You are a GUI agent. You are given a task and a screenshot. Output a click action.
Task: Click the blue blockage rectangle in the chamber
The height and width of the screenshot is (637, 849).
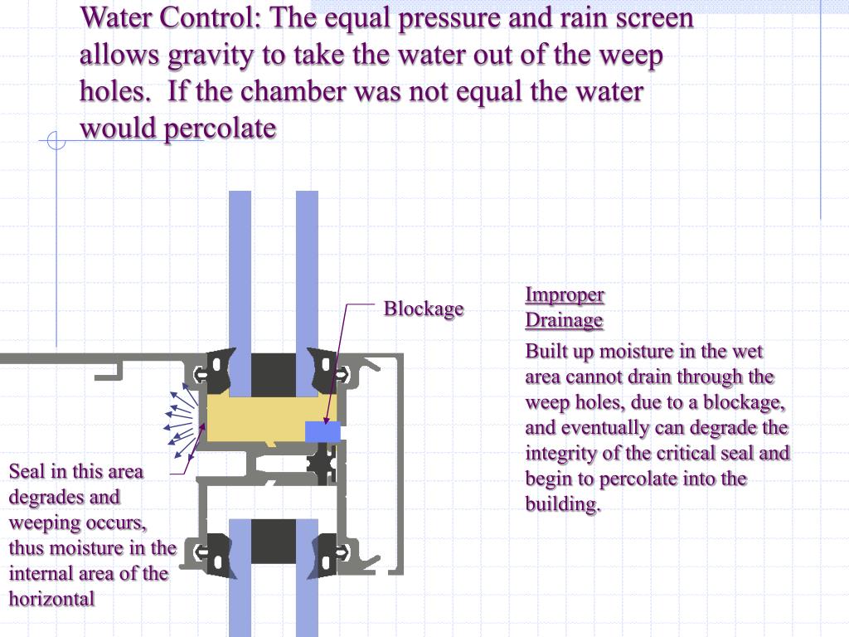click(x=323, y=432)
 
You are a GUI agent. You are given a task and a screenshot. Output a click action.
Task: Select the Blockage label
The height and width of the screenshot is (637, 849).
click(x=423, y=309)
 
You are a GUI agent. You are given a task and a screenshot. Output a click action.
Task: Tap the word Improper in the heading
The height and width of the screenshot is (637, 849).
click(x=565, y=294)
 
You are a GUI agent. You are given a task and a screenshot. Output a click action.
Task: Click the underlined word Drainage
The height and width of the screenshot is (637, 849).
click(x=564, y=320)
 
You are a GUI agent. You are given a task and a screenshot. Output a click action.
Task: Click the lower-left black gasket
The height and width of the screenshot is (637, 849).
click(x=218, y=547)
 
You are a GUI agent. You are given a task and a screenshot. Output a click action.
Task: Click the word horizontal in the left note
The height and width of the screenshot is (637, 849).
click(x=51, y=598)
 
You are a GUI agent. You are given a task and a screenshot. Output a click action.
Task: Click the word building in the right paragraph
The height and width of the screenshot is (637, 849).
click(x=561, y=504)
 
